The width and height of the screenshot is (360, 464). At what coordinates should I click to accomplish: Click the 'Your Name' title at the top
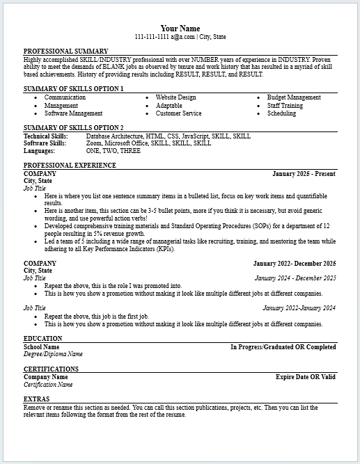coord(180,28)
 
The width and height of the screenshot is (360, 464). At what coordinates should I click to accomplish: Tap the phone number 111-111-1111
coord(152,37)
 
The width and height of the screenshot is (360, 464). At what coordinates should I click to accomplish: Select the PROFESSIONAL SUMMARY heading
coord(65,51)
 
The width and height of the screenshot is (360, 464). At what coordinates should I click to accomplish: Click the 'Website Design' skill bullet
coord(175,97)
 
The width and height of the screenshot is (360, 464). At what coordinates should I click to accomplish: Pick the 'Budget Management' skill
coord(294,97)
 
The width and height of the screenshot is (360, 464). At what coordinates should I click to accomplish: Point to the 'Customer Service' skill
coord(178,113)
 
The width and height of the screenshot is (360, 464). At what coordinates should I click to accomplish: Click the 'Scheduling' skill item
coord(281,113)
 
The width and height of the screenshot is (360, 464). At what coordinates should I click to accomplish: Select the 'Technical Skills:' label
coord(46,136)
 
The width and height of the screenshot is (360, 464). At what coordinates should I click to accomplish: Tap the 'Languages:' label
coord(39,150)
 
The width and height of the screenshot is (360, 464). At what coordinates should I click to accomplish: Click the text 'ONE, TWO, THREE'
coord(113,150)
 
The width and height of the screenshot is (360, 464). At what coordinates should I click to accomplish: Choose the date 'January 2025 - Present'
coord(304,173)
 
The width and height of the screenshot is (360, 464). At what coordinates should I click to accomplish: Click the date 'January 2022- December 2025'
coord(295,264)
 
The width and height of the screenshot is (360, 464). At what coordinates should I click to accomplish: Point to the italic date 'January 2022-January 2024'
coord(299,307)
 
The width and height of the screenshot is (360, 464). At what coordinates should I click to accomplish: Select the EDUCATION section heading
coord(42,338)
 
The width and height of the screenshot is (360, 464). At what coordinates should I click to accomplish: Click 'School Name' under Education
coord(41,346)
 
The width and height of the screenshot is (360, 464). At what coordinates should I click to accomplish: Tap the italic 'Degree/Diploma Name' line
coord(53,353)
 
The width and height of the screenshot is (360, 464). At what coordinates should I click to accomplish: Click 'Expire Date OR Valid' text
coord(306,376)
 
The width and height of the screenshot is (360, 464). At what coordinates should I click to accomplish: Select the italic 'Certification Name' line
coord(48,384)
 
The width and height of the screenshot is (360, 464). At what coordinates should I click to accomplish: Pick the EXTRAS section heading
coord(36,399)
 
